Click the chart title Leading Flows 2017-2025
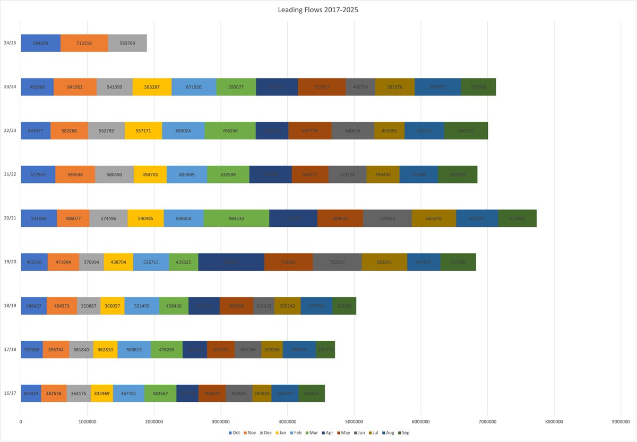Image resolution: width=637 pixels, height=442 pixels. coord(318,10)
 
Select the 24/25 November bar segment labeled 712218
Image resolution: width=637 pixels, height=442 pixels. coord(84,43)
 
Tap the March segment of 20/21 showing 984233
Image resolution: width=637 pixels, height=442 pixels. coord(236,218)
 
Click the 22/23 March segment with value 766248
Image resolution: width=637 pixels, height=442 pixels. coord(230,130)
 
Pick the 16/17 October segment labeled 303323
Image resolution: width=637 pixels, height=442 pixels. coord(31,394)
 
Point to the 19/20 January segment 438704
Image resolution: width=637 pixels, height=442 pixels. coord(118,262)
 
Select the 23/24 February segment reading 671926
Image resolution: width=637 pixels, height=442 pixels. coord(194,87)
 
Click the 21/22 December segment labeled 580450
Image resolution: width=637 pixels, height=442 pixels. coord(114,174)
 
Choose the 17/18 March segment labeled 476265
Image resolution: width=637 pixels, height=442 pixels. coord(166,350)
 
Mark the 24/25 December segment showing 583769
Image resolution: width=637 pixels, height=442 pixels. coord(127,43)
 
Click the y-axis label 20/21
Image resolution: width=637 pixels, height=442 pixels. coord(10,218)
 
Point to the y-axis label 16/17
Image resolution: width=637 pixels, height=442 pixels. coord(10,394)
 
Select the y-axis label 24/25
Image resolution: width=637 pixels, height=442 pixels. coord(10,43)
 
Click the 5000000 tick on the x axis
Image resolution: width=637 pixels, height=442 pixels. coord(354,421)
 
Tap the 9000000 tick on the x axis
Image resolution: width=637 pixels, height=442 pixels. coord(621,421)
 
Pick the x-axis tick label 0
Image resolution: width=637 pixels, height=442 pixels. coord(21,421)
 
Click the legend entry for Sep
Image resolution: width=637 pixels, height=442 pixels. coord(405,433)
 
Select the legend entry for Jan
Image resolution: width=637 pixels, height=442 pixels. coord(281,433)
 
